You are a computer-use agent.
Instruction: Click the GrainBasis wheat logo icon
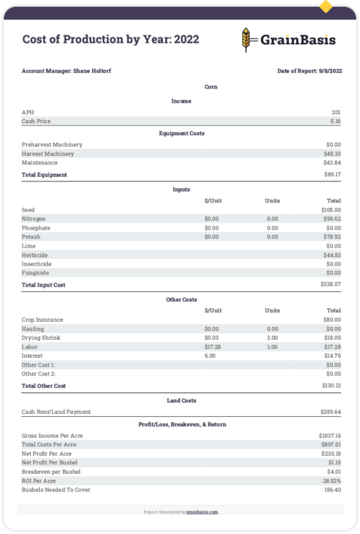(x=247, y=39)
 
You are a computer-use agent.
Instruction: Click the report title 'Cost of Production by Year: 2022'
(x=110, y=40)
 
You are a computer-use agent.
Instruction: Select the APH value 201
(x=336, y=112)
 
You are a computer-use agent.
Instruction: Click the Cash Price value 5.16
(x=335, y=121)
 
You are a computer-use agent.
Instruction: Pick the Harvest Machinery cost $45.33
(x=332, y=154)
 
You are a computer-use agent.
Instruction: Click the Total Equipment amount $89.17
(x=332, y=175)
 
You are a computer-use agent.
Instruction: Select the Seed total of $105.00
(x=331, y=210)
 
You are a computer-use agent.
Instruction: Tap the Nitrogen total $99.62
(x=332, y=219)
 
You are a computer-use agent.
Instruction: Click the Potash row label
(x=31, y=237)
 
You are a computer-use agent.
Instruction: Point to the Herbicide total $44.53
(x=332, y=255)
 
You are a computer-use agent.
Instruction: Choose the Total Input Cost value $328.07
(x=331, y=285)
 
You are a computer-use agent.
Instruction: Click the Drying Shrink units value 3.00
(x=272, y=337)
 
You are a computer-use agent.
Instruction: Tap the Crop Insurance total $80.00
(x=332, y=319)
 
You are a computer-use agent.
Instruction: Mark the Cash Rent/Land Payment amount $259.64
(x=331, y=412)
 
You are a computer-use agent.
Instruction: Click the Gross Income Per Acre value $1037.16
(x=329, y=435)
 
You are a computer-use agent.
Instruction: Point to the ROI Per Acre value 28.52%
(x=331, y=480)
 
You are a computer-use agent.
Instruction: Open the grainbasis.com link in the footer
(x=202, y=511)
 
